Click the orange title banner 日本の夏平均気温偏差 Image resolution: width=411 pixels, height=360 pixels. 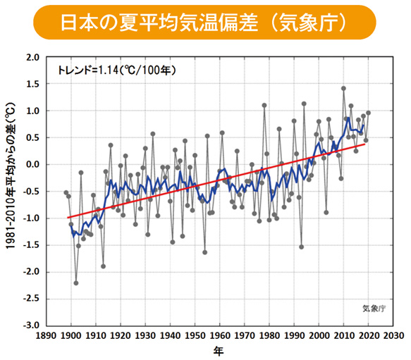tap(204, 23)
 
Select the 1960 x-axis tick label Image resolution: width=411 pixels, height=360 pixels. tap(220, 336)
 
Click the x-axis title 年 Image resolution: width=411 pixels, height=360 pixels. tap(220, 351)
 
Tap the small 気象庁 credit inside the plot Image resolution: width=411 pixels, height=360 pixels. tap(374, 308)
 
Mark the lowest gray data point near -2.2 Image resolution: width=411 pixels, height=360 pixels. tap(75, 283)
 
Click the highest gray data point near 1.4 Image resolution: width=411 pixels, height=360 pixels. tap(343, 89)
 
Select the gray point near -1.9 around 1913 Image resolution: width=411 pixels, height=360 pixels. tap(103, 266)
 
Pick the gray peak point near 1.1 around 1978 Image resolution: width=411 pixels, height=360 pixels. tap(264, 106)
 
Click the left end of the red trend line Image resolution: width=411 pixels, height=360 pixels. tap(68, 218)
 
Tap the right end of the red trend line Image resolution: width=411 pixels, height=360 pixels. tap(364, 144)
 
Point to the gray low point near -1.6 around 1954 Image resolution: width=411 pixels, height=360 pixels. tap(204, 252)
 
